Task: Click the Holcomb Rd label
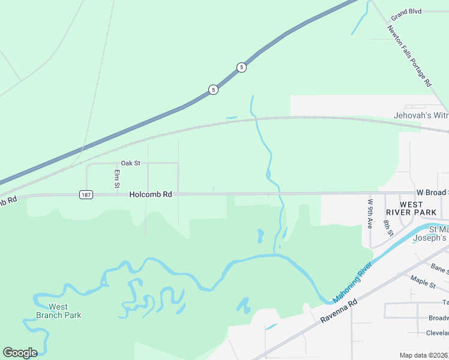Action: click(x=151, y=194)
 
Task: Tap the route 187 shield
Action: click(x=86, y=195)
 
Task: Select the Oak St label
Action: click(x=130, y=163)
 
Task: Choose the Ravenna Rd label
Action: click(x=339, y=311)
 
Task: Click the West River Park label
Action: click(x=411, y=208)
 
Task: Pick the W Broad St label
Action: click(x=432, y=192)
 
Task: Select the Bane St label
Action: click(x=439, y=269)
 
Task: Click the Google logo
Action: click(x=20, y=353)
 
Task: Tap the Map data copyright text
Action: click(x=424, y=355)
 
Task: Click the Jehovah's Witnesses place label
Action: click(x=421, y=115)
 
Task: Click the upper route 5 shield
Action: click(x=241, y=67)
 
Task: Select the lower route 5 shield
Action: click(x=213, y=90)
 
